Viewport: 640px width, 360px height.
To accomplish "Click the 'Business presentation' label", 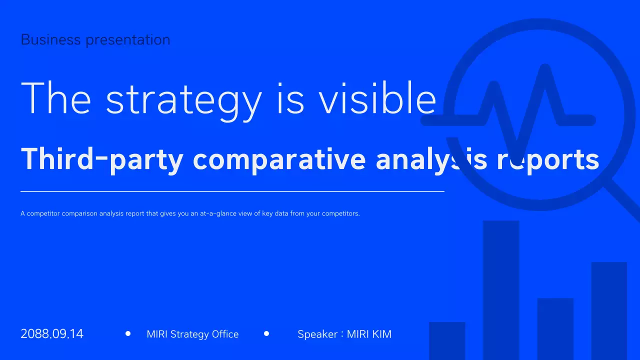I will (95, 39).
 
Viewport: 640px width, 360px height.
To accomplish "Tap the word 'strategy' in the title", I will (183, 99).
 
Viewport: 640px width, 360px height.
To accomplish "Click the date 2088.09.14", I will (52, 334).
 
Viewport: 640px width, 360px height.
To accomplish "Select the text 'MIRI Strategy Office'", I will (192, 334).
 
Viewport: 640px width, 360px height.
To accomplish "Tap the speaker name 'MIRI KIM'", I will (369, 334).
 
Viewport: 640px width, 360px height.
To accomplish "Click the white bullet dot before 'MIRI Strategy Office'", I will (128, 333).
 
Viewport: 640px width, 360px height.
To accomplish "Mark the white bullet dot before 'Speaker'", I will (266, 333).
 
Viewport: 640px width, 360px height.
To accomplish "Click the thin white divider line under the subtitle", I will (232, 191).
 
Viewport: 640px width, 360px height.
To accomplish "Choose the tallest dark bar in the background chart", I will (501, 290).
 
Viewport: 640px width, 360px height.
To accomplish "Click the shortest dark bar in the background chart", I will (447, 340).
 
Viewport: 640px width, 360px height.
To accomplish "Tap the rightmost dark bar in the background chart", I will (609, 310).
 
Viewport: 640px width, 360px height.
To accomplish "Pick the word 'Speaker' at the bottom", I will (317, 334).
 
